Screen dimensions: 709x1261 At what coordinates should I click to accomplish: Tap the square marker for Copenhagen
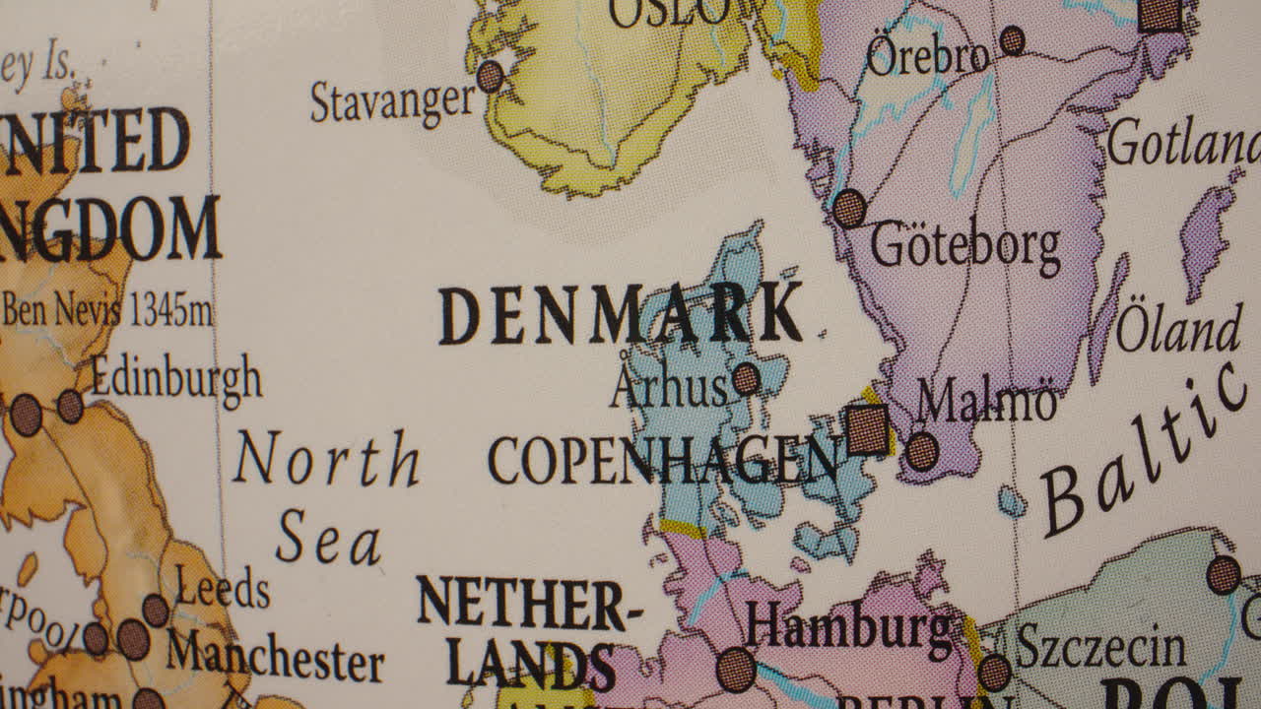click(x=868, y=430)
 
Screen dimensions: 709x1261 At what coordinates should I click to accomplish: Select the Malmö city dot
click(x=922, y=451)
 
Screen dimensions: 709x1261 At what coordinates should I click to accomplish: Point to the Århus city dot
click(x=746, y=379)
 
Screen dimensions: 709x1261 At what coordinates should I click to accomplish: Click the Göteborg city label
click(x=964, y=246)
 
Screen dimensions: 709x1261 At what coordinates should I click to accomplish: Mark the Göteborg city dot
click(x=849, y=209)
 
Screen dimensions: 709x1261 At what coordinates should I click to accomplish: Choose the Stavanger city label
click(x=393, y=101)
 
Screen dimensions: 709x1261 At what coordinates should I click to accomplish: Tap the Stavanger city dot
click(x=490, y=76)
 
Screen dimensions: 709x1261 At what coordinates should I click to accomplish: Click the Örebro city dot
click(x=1012, y=40)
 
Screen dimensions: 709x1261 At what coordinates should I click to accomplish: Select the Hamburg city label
click(x=848, y=627)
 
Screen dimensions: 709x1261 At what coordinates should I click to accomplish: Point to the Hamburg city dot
click(x=736, y=670)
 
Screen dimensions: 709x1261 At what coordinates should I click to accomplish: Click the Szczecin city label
click(x=1100, y=648)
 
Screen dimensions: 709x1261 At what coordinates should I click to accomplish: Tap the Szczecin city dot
click(x=994, y=673)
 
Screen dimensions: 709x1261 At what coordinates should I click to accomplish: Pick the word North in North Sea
click(x=326, y=460)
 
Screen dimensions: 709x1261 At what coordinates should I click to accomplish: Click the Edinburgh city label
click(x=176, y=379)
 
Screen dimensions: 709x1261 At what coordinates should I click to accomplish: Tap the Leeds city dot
click(x=156, y=610)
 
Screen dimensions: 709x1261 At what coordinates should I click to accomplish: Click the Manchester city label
click(x=274, y=657)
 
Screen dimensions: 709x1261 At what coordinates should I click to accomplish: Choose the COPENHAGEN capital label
click(x=663, y=460)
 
